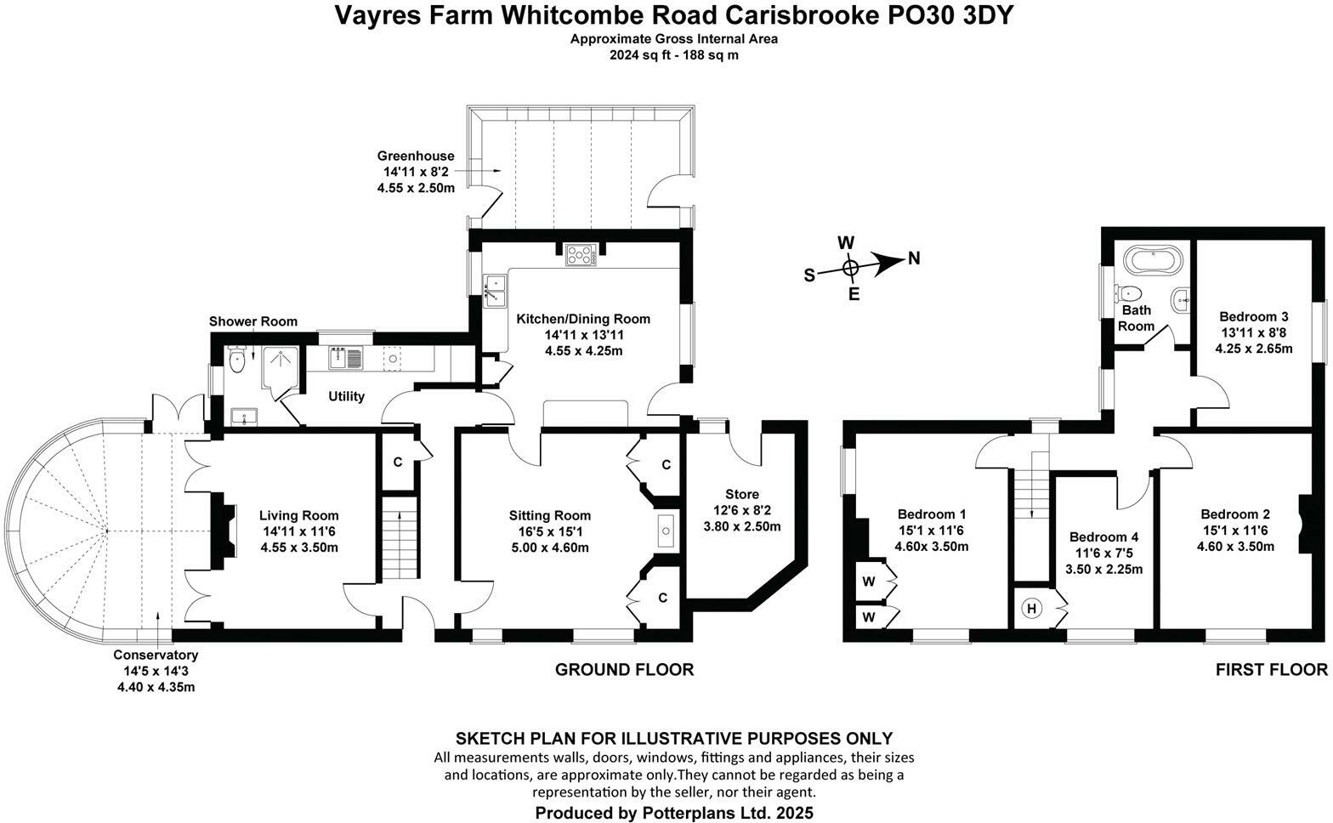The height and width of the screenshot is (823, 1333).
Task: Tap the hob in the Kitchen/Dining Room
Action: [x=581, y=255]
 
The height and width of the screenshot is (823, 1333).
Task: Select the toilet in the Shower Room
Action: [x=236, y=359]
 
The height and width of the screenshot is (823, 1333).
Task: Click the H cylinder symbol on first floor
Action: [x=1031, y=608]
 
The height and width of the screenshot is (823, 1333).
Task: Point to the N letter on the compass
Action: [x=914, y=258]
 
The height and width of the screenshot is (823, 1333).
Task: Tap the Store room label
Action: [x=742, y=494]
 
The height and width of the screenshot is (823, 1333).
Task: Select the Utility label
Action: [x=346, y=396]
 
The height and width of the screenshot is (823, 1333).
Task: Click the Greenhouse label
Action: [x=416, y=156]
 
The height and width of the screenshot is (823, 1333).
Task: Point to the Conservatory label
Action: [x=156, y=655]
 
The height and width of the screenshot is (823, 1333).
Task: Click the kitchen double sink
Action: [x=494, y=291]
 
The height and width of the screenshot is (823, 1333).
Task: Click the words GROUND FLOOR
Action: [x=624, y=669]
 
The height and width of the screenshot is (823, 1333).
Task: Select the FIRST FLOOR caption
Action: [x=1271, y=669]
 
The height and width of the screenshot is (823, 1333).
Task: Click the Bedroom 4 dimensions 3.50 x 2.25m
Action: [x=1103, y=569]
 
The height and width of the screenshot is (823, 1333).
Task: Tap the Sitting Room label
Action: [x=550, y=515]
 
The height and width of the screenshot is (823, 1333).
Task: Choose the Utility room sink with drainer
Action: [x=345, y=358]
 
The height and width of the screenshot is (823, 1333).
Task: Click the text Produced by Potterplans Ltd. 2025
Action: [x=673, y=812]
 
